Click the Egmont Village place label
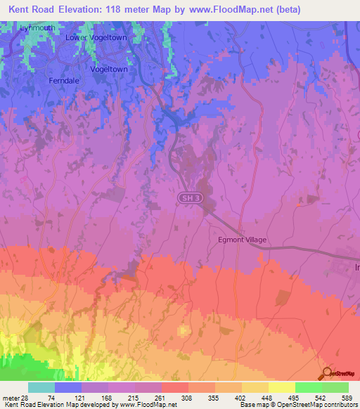click(241, 240)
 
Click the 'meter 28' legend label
click(12, 398)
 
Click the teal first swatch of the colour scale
click(41, 387)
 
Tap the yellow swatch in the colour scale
click(281, 387)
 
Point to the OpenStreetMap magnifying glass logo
click(326, 372)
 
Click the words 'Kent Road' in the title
click(30, 10)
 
